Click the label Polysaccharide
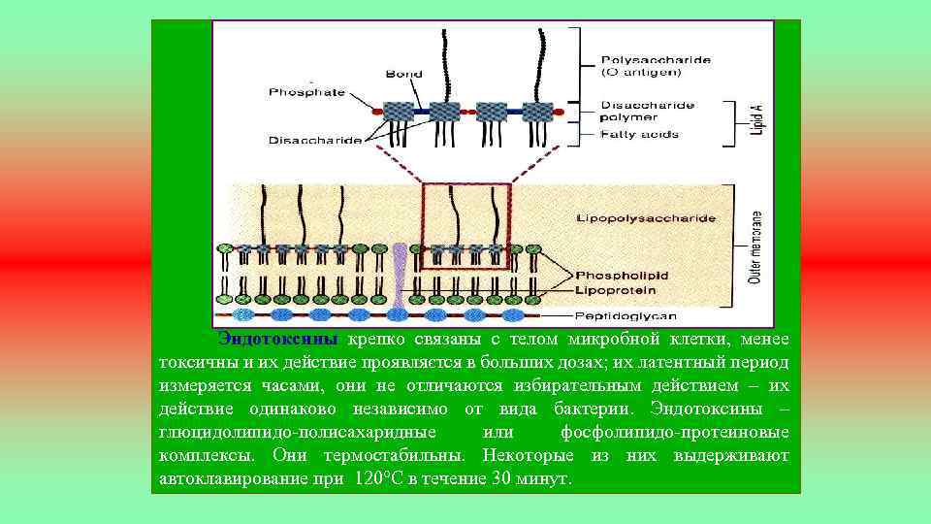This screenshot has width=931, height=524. coord(656,59)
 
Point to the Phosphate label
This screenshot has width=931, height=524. coord(307,92)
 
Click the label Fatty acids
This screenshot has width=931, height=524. coord(639,134)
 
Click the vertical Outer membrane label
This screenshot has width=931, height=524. coord(755,247)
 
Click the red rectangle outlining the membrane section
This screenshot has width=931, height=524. coord(465,184)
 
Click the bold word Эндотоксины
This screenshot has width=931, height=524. coord(277,340)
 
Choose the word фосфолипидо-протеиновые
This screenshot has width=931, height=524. coord(675,432)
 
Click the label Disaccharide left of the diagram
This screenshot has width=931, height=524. coord(315,141)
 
